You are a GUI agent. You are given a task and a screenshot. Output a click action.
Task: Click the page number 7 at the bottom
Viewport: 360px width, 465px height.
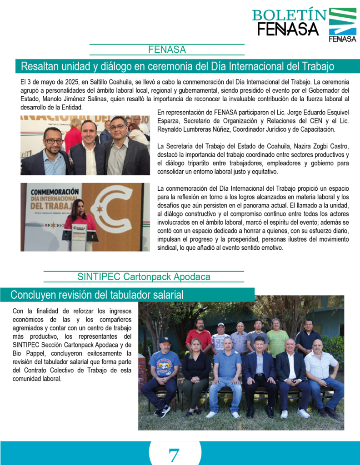174,454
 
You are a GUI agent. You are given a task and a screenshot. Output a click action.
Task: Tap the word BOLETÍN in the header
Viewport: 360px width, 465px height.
290,15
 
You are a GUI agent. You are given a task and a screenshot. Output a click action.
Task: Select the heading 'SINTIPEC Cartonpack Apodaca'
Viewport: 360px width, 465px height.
144,277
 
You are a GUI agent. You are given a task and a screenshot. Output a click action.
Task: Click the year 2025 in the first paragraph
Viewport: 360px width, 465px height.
65,82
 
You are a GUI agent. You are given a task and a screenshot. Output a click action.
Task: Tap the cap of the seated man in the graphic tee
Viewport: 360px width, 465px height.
164,340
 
